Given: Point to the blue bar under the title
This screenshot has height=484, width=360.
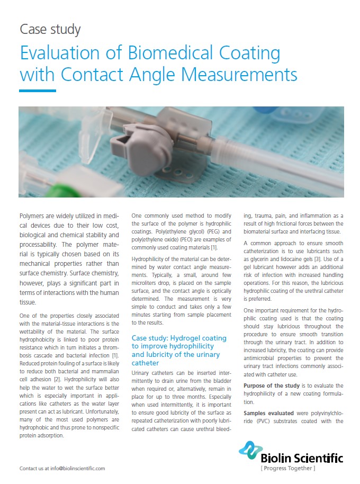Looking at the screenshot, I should coord(38,91).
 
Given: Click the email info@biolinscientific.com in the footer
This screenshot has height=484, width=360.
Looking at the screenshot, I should coord(78,468).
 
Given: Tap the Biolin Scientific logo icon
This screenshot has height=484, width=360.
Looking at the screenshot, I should coord(250,450).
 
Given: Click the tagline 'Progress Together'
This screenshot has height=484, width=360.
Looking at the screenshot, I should coord(288,468).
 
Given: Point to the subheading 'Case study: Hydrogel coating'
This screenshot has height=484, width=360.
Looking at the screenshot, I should coord(179,338).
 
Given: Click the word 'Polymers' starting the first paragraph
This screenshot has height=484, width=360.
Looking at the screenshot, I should coord(37,217).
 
